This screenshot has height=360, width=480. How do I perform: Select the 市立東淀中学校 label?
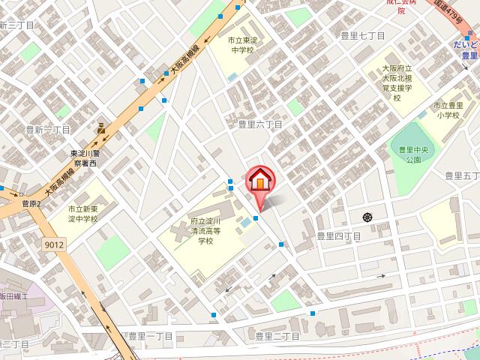[x=241, y=46]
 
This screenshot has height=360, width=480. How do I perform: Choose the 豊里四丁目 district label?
[x=338, y=236]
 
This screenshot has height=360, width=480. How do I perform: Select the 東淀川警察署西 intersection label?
[x=90, y=158]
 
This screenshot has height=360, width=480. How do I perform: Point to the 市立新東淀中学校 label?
[x=83, y=214]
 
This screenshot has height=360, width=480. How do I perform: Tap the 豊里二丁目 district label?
[x=277, y=336]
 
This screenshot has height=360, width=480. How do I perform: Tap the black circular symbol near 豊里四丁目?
[x=367, y=217]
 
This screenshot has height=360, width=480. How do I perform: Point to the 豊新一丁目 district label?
[x=46, y=130]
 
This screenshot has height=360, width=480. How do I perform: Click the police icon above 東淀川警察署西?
[x=100, y=128]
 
